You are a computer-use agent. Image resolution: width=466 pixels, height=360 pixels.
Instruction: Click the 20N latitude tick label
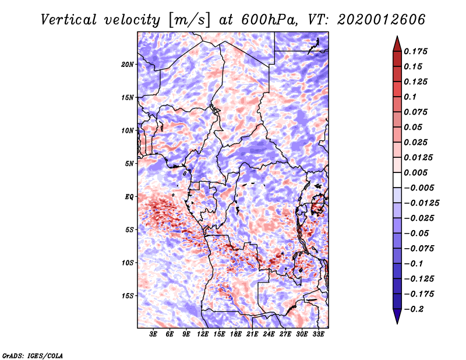(x=128, y=64)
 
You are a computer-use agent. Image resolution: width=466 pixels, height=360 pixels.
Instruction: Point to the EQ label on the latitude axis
(x=129, y=197)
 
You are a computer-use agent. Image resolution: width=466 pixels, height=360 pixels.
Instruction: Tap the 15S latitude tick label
(x=128, y=296)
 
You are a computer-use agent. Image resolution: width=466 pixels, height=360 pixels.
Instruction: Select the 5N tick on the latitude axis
(x=129, y=164)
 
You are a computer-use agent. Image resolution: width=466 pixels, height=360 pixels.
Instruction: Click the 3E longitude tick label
(x=154, y=335)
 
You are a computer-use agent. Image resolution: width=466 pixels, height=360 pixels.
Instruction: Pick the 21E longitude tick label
(x=252, y=335)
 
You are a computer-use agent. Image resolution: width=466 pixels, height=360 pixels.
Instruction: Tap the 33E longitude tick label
(x=318, y=335)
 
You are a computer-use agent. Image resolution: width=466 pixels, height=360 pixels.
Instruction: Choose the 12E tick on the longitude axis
(x=203, y=335)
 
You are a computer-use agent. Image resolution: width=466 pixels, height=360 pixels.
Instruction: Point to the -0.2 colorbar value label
(x=415, y=309)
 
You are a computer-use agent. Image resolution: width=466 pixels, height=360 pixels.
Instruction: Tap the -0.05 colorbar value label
(x=417, y=233)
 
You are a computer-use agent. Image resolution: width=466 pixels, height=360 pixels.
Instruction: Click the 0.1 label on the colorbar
(x=411, y=97)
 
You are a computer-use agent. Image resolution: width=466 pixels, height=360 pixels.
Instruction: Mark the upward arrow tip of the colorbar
(x=397, y=38)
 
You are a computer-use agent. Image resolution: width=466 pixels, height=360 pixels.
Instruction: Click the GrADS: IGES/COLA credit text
(x=32, y=354)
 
